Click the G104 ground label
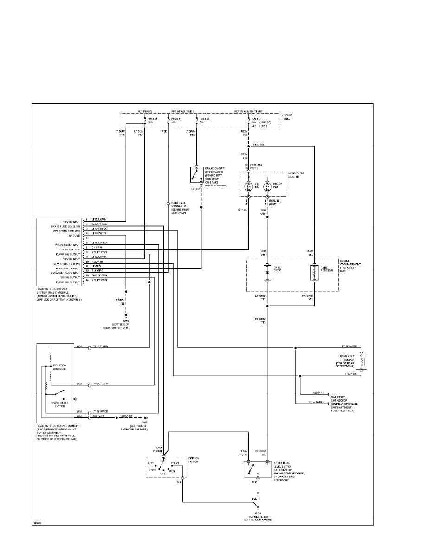coord(259,513)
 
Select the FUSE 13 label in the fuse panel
coord(204,119)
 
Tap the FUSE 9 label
coord(176,119)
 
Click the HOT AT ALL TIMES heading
coord(182,112)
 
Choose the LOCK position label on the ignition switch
coord(152,470)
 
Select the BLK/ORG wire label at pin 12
coord(97,270)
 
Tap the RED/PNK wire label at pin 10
coord(97,262)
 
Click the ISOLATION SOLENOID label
coord(59,367)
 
